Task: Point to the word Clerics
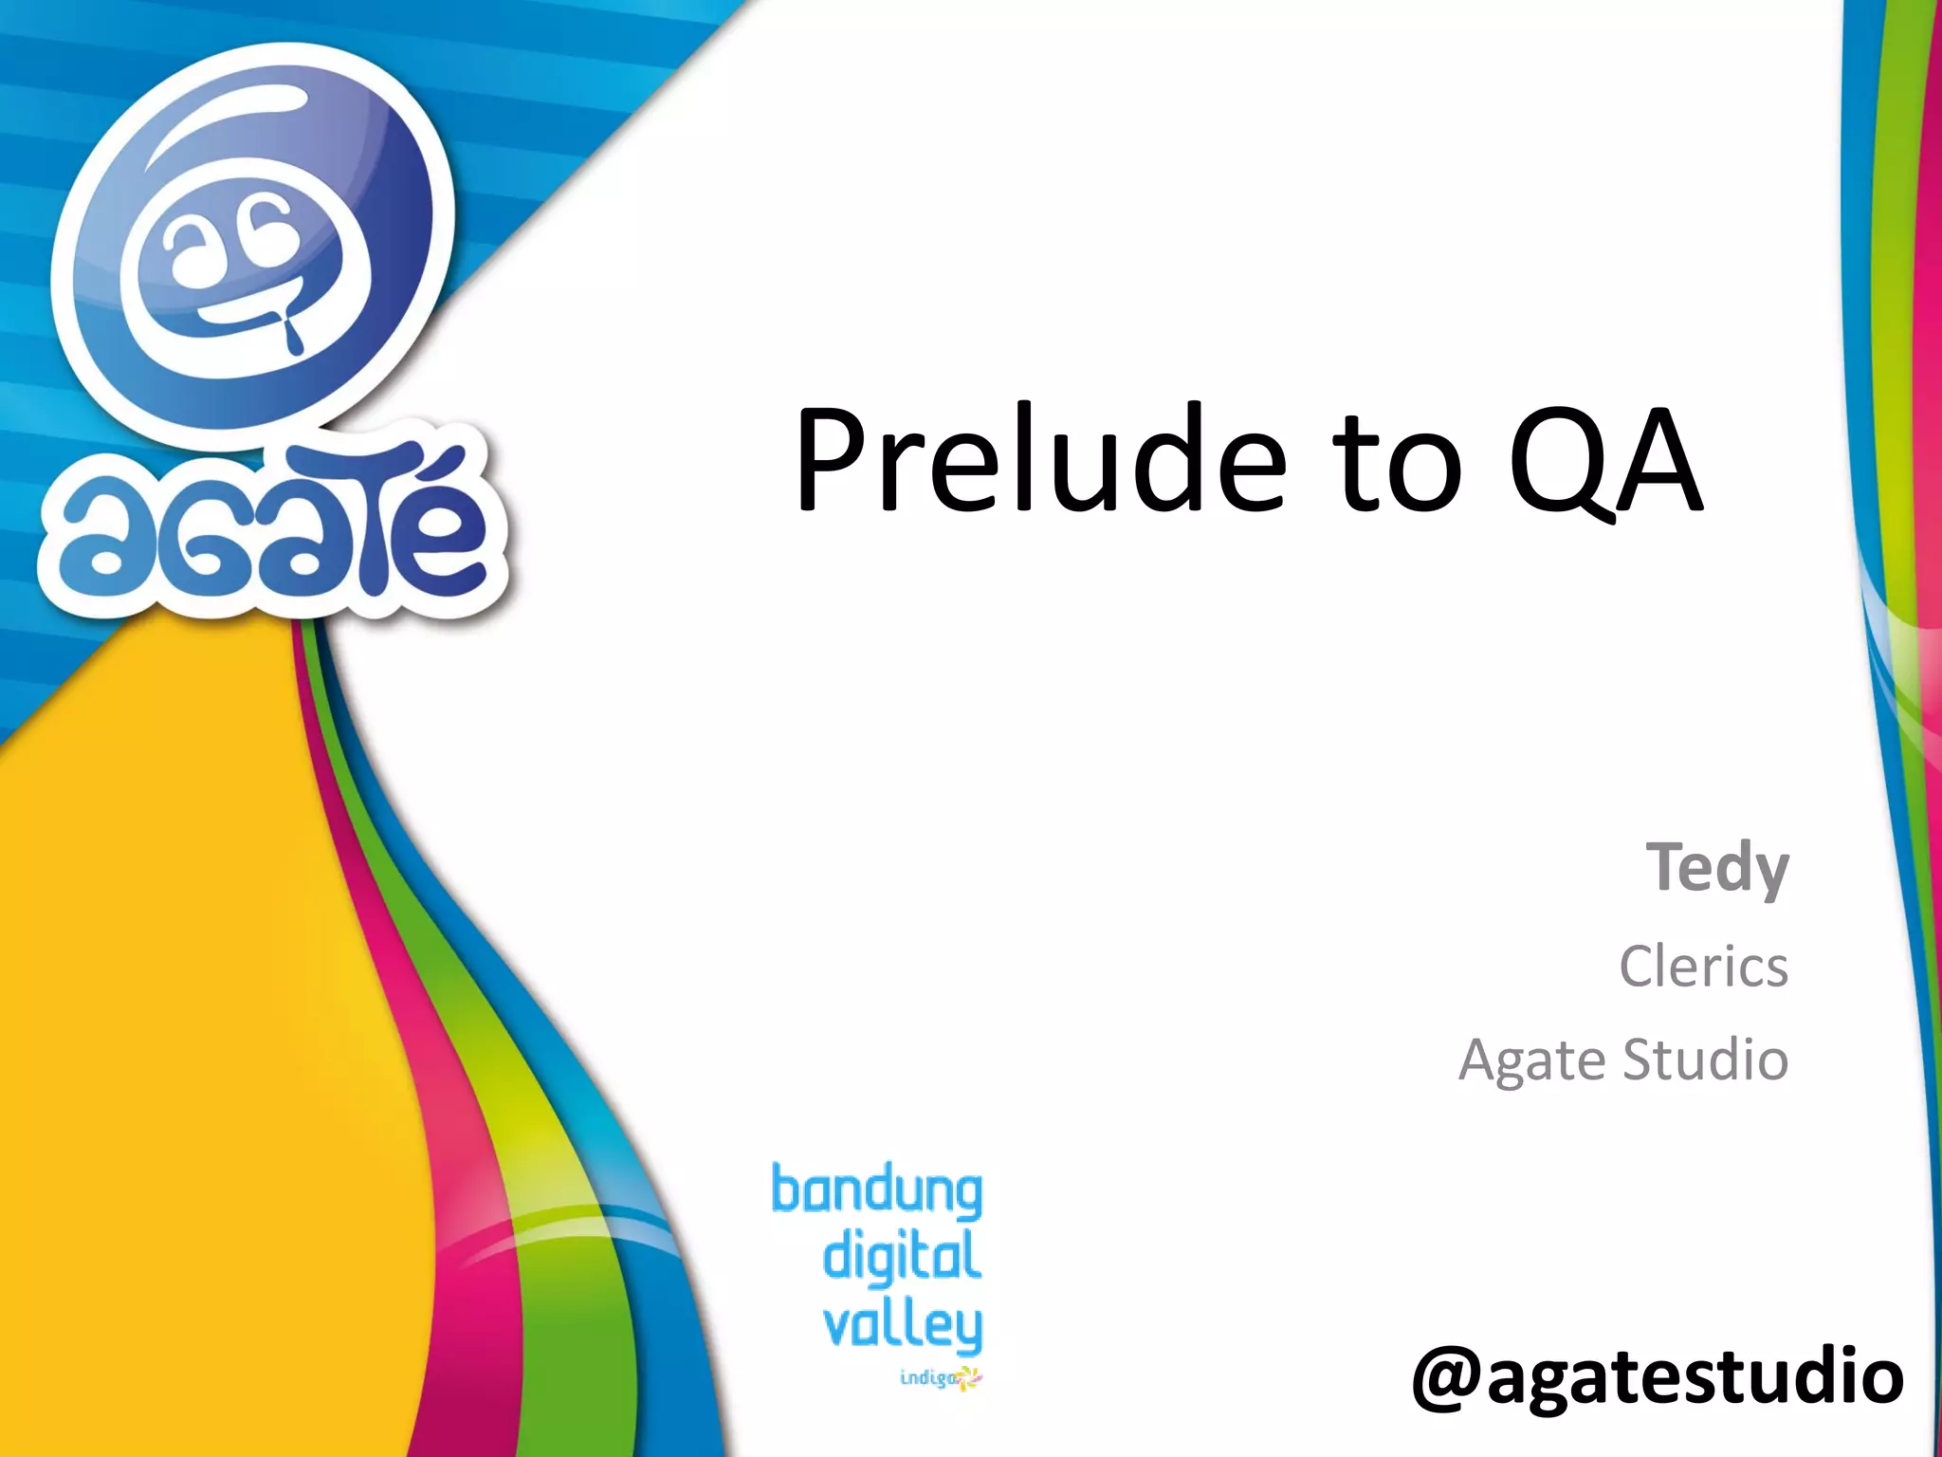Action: click(1703, 967)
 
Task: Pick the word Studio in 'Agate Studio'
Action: click(1706, 1059)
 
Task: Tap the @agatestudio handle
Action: click(1658, 1376)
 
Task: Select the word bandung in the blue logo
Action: click(876, 1191)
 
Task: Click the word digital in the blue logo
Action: click(902, 1257)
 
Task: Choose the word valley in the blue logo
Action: click(902, 1325)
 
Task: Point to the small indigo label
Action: click(927, 1376)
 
